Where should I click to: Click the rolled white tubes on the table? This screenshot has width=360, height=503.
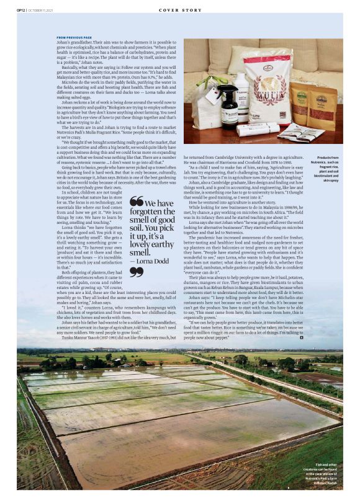pyautogui.click(x=257, y=129)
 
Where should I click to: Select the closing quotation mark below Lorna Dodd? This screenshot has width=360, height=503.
pyautogui.click(x=136, y=271)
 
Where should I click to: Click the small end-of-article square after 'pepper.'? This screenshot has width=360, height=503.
pyautogui.click(x=301, y=338)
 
